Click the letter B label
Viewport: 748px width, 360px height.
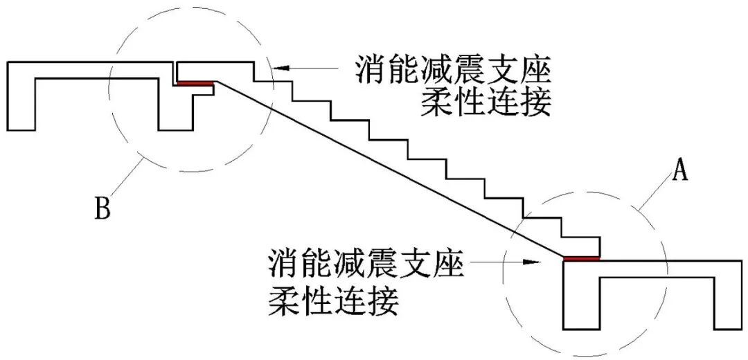click(103, 208)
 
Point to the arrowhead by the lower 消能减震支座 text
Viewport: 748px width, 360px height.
click(531, 262)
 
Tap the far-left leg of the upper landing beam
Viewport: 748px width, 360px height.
click(21, 104)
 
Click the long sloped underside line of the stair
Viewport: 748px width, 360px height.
click(388, 170)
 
